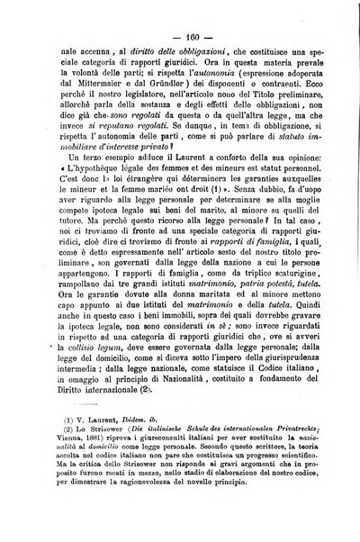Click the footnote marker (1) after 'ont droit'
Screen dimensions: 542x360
pyautogui.click(x=190, y=238)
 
